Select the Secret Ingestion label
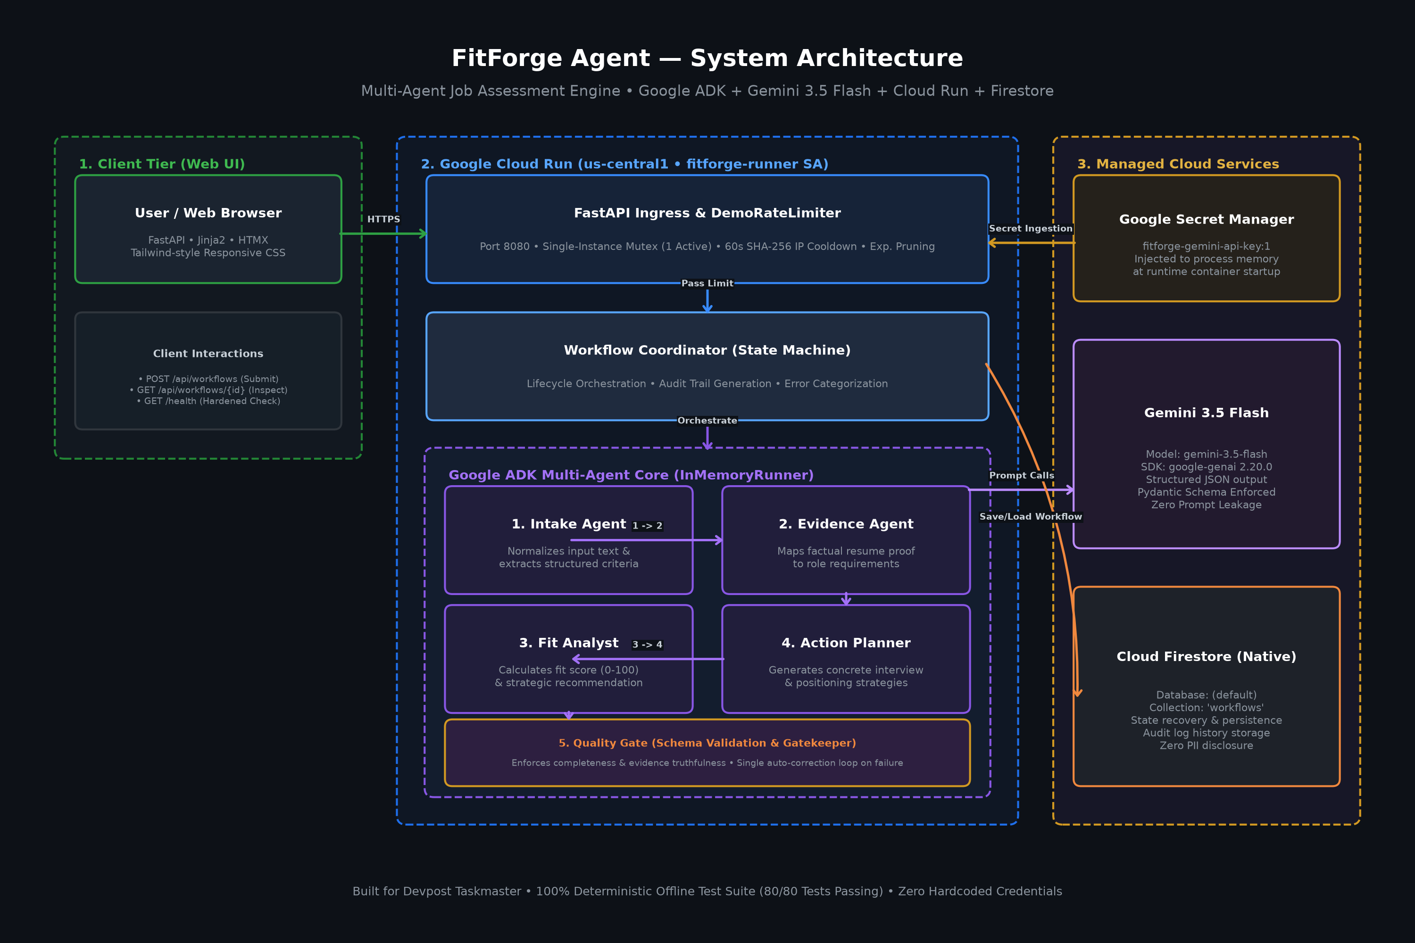coord(1031,229)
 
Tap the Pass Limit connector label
coord(707,283)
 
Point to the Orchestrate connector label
coord(707,421)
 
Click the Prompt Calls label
coord(1022,476)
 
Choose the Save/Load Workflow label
coord(1031,517)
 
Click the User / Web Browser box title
coord(208,213)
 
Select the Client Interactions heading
coord(208,354)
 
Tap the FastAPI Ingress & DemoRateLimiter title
coord(707,213)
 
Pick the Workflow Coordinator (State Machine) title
coord(707,350)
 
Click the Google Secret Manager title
coord(1206,220)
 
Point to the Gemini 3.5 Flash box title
coord(1206,413)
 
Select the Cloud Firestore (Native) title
coord(1206,657)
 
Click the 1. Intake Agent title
coord(568,524)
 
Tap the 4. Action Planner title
coord(846,643)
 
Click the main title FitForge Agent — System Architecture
coord(707,58)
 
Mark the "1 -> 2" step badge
coord(647,526)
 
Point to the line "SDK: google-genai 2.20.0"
coord(1206,467)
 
